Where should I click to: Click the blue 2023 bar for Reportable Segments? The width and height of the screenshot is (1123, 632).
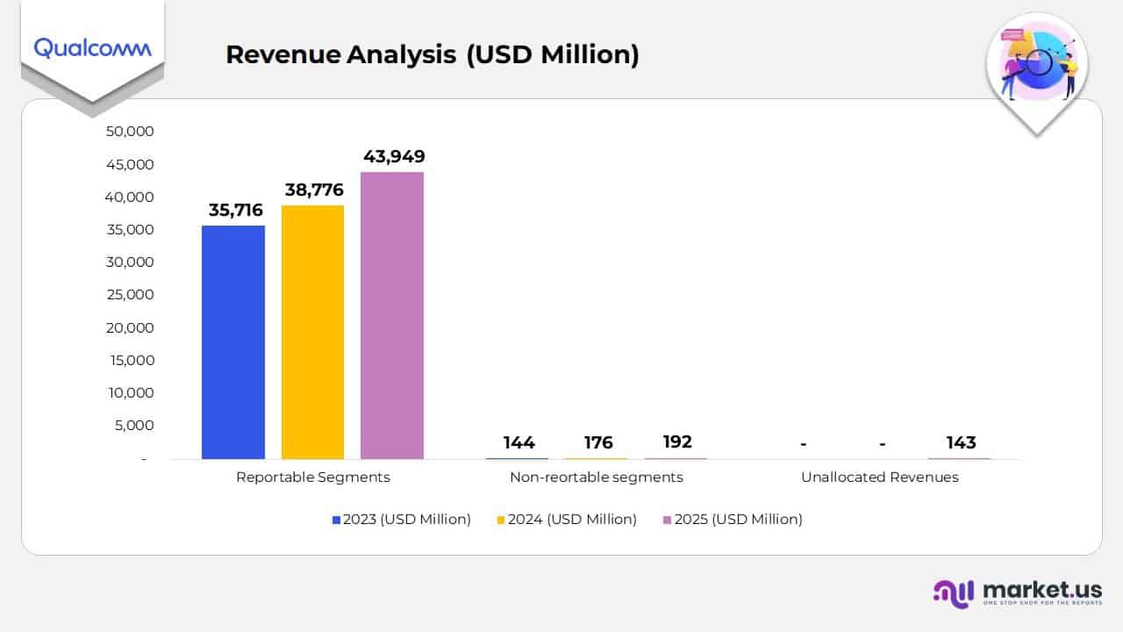(x=232, y=342)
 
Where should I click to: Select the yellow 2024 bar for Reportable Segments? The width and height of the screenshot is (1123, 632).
(x=312, y=332)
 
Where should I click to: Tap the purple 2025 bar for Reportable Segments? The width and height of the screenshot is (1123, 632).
(x=392, y=315)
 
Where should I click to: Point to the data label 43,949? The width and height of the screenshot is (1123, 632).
(x=394, y=156)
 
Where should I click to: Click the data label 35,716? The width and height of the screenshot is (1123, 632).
(x=235, y=210)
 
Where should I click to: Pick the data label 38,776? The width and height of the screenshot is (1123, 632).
(x=314, y=190)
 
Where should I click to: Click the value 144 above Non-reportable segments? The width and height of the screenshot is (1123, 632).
(x=519, y=442)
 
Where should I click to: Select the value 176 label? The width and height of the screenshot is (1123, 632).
(x=598, y=442)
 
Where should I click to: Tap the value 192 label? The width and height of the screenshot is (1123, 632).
(x=677, y=442)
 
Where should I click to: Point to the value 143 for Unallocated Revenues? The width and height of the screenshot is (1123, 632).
(x=961, y=442)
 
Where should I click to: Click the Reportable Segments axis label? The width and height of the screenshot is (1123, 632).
(x=313, y=478)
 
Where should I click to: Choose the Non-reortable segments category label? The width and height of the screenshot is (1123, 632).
(x=597, y=478)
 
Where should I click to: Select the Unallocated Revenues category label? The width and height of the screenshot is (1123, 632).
(x=879, y=478)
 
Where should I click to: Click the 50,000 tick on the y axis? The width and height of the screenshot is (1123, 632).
(x=130, y=132)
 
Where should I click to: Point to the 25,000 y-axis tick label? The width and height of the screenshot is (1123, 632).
(x=130, y=295)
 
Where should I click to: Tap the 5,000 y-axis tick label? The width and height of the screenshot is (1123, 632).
(x=134, y=426)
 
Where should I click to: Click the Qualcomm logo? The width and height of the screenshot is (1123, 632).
(x=92, y=47)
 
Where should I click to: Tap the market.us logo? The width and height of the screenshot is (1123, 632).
(x=1018, y=592)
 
